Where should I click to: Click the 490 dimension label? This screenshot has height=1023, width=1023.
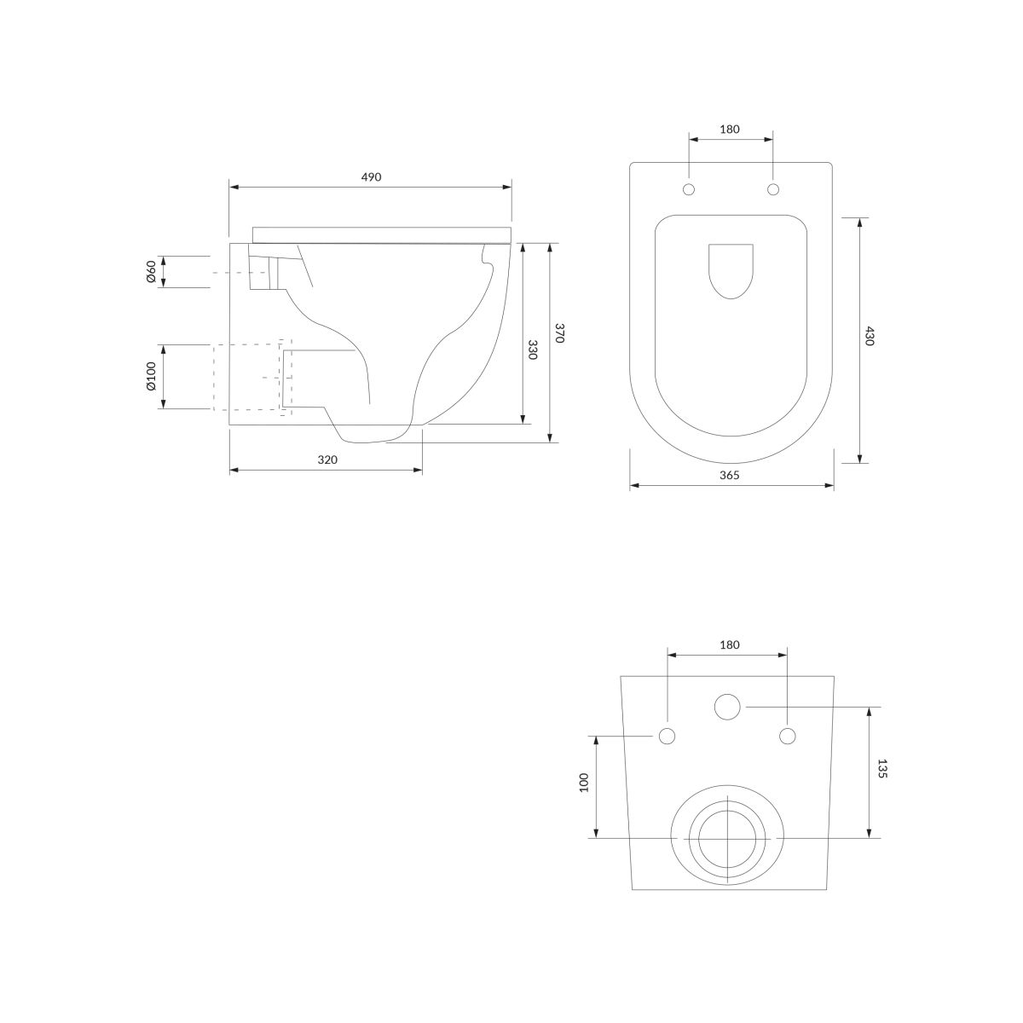point(371,177)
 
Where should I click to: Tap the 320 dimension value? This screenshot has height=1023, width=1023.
point(327,459)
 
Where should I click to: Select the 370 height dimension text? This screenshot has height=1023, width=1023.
point(559,332)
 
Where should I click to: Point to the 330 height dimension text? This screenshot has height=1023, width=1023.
point(533,350)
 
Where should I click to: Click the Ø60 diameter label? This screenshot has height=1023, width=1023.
point(151,272)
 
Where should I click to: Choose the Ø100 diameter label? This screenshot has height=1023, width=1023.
point(151,377)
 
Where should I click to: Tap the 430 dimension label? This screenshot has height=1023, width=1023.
point(869,336)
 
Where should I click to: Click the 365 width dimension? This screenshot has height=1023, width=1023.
point(730,475)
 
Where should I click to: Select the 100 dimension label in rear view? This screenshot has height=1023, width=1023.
point(585,783)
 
